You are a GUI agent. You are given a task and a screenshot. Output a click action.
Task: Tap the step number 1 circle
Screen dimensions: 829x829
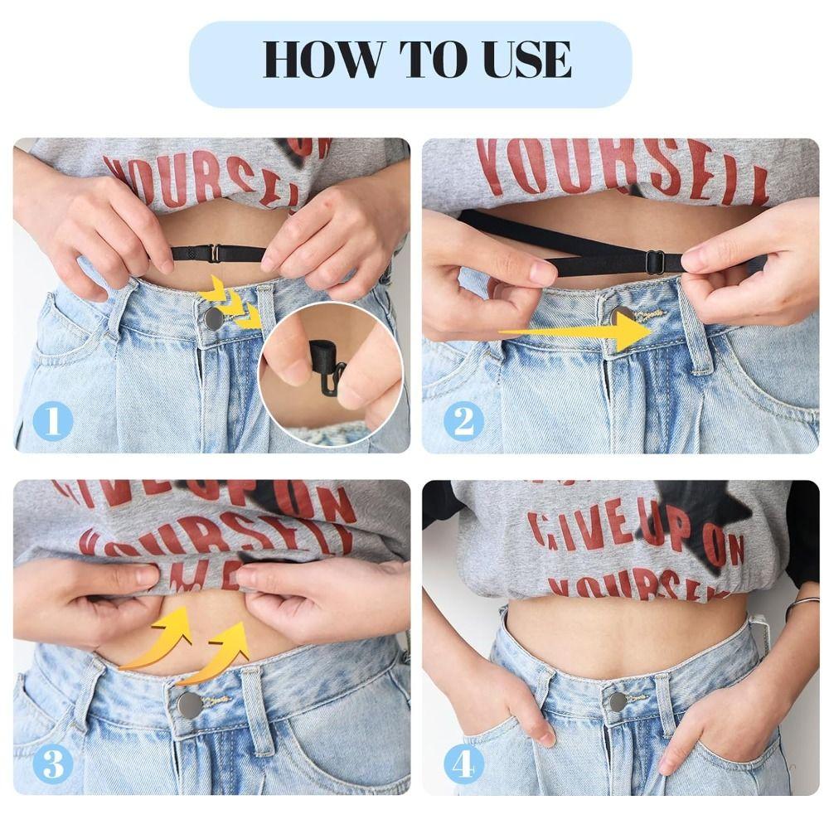tap(52, 422)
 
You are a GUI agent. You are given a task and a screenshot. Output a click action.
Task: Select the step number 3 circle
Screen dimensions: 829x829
tap(52, 764)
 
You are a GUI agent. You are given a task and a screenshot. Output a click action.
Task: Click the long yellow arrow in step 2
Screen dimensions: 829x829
tap(580, 332)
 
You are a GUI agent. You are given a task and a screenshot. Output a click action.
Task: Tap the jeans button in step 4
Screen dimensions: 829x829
tap(618, 701)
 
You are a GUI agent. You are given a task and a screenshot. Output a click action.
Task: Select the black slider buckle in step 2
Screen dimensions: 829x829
tap(654, 262)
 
